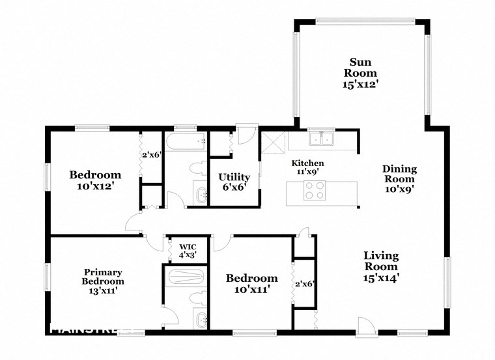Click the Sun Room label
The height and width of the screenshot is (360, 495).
click(x=360, y=73)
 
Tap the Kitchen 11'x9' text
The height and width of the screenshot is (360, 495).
click(x=307, y=168)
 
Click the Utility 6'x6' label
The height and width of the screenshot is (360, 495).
click(x=234, y=182)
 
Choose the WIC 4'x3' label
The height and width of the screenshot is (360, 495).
click(x=187, y=251)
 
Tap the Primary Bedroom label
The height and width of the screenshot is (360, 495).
click(x=103, y=281)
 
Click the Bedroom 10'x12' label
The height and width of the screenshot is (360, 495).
click(x=95, y=180)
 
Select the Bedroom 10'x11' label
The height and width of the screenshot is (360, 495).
click(x=251, y=283)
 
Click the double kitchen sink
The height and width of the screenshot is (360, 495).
click(x=322, y=139)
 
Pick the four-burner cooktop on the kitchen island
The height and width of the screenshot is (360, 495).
click(x=315, y=190)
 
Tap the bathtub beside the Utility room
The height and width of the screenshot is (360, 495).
click(x=186, y=141)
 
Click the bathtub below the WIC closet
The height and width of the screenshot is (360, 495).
click(x=186, y=278)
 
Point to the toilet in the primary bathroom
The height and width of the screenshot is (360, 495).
click(x=196, y=299)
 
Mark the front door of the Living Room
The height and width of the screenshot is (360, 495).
click(x=366, y=325)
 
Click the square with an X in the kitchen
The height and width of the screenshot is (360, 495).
click(x=270, y=141)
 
